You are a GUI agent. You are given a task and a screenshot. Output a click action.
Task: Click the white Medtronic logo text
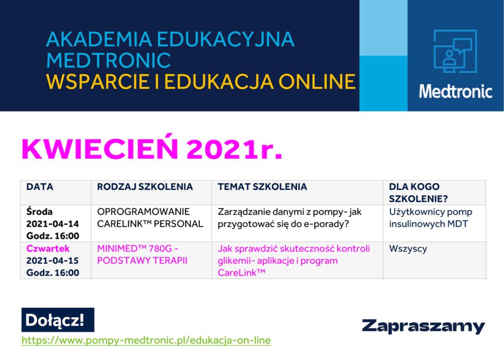coord(455,91)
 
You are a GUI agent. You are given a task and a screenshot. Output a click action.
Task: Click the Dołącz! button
coord(58,320)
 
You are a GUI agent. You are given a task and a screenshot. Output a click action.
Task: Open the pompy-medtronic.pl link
coord(146,340)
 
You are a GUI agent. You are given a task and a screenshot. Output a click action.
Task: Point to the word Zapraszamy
coord(423,326)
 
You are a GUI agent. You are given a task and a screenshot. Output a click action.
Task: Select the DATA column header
coord(40,186)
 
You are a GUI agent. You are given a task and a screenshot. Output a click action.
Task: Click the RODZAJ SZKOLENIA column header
coord(145,186)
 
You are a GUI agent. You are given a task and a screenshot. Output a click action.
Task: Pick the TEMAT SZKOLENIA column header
coord(262,186)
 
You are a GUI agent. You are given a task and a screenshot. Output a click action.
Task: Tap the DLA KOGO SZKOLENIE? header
coord(418,193)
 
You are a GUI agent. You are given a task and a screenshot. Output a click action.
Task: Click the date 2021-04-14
coord(52,224)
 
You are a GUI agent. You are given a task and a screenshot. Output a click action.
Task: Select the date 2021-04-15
coord(52,261)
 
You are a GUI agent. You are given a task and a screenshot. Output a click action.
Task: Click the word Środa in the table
coord(39,211)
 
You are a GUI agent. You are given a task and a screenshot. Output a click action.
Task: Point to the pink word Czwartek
coord(48,248)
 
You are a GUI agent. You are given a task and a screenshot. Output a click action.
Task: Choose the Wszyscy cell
coord(408,249)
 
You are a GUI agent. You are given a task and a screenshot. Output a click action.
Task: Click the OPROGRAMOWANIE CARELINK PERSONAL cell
coord(150,218)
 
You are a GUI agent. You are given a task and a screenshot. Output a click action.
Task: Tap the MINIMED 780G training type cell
coord(142,254)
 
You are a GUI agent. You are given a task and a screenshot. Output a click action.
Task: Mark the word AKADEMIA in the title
coord(99,39)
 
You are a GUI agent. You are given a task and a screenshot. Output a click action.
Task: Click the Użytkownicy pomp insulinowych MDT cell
coord(430,218)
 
